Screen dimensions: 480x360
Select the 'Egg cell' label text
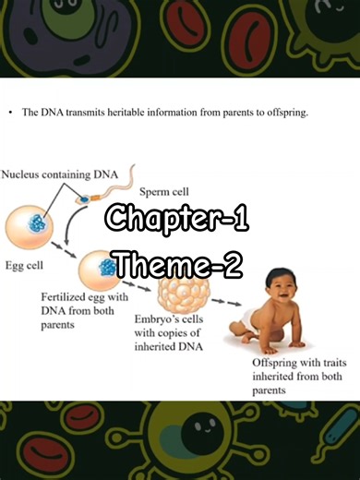(x=27, y=266)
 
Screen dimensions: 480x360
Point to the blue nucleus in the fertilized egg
(x=109, y=268)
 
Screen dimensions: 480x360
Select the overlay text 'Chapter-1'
(x=176, y=220)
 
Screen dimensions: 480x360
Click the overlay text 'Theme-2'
(x=176, y=265)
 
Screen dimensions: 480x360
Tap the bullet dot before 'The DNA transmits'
(x=9, y=114)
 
